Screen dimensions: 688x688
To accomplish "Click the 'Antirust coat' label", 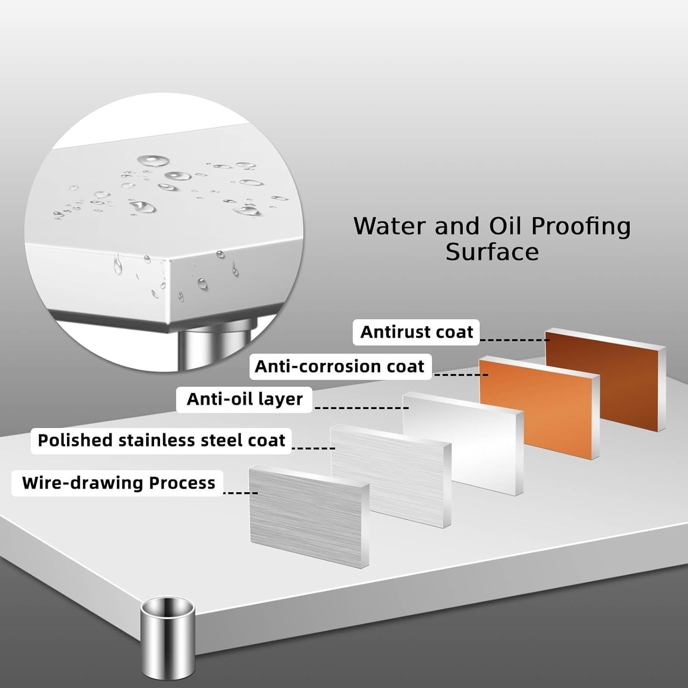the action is point(416,332).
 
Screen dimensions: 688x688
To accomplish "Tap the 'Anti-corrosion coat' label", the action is point(340,366).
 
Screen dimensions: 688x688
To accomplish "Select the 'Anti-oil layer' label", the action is point(244,399).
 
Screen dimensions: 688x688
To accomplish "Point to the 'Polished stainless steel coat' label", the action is point(161,440).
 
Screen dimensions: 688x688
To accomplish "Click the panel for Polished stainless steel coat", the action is point(391,476).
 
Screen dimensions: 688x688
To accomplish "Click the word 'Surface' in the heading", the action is point(492,252).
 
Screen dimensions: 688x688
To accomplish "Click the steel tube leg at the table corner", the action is point(168,638).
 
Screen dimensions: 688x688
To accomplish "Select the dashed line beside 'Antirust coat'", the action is point(514,340).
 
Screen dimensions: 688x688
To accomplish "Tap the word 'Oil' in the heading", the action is point(505,226).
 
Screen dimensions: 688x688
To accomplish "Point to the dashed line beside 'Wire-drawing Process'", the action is point(240,493).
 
